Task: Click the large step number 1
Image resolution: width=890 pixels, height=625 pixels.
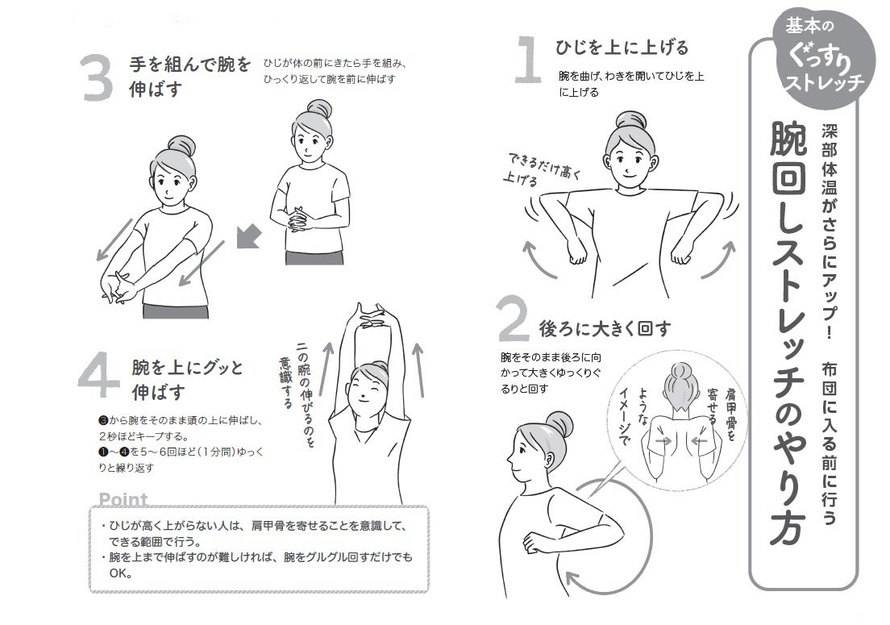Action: [529, 60]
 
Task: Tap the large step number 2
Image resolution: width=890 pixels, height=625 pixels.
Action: [513, 318]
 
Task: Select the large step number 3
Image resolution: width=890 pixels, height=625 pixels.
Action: [97, 77]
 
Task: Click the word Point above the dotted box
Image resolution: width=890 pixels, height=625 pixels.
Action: [123, 499]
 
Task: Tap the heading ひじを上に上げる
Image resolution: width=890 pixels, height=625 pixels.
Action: [622, 47]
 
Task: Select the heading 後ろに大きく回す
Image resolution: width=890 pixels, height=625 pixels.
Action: [605, 328]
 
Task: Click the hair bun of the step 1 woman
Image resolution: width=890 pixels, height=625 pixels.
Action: [630, 120]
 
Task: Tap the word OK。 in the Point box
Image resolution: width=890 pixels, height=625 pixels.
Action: [121, 573]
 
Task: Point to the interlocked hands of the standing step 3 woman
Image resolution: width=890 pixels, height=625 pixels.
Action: [298, 219]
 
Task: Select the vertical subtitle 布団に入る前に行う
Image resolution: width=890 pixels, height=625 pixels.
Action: [829, 443]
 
